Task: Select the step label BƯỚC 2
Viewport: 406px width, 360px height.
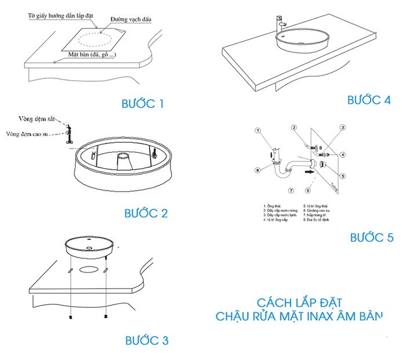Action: click(146, 213)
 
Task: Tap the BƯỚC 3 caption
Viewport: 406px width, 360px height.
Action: click(147, 340)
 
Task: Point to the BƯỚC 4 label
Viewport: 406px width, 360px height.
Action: click(369, 99)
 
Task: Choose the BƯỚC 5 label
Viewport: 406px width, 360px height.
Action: click(372, 237)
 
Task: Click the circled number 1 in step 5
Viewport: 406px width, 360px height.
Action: click(256, 132)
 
